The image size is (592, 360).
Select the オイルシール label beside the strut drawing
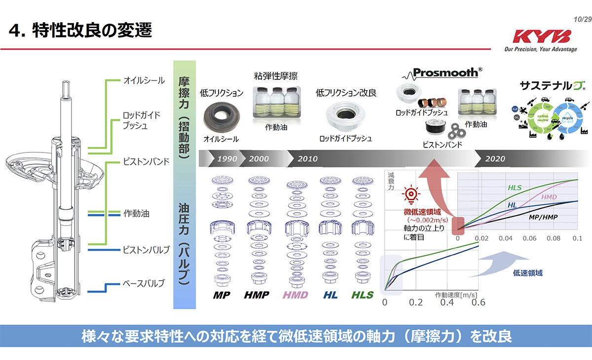click(x=144, y=80)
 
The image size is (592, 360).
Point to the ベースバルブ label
click(x=144, y=284)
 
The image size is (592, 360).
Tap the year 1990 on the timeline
click(x=227, y=159)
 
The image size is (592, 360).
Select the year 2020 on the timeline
click(x=495, y=159)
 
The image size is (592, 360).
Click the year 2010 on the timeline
click(x=307, y=159)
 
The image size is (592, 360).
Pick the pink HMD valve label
click(x=295, y=295)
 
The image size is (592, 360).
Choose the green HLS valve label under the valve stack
click(x=362, y=295)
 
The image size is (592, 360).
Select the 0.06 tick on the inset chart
click(x=529, y=238)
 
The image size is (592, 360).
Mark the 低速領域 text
click(x=527, y=273)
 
